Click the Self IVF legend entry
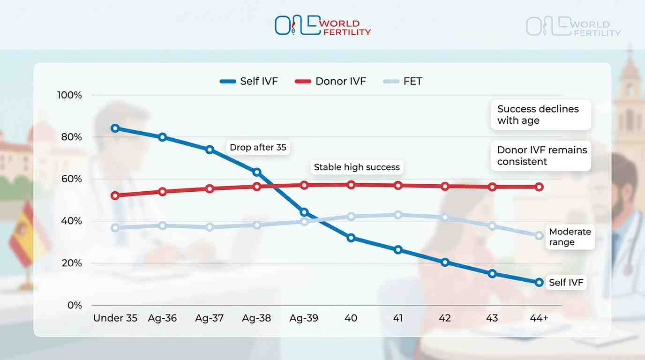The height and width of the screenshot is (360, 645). coord(249,81)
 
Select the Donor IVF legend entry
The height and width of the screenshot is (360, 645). coord(330,81)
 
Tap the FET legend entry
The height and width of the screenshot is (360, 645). coord(403,81)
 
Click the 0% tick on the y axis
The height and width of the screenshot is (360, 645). coord(74,305)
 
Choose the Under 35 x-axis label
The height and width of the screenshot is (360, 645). coord(115,318)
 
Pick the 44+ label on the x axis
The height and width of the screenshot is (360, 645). coord(539,318)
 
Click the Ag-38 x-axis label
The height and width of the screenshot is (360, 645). coord(256,318)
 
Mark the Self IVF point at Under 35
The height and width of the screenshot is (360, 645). coord(115,128)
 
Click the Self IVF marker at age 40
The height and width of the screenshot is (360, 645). coord(351,238)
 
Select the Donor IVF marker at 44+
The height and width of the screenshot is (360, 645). coord(539,187)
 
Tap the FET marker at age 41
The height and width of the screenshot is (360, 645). coord(398,215)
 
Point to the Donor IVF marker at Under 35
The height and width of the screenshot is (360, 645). coord(115,195)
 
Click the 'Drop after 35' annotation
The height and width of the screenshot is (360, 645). coord(258,147)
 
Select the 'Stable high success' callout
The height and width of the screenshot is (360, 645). coord(357,167)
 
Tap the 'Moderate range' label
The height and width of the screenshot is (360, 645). coord(570,237)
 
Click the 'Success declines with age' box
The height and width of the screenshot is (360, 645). coord(540,114)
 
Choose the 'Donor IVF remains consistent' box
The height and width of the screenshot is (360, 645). coord(542,156)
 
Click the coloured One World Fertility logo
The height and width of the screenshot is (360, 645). coord(322,26)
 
